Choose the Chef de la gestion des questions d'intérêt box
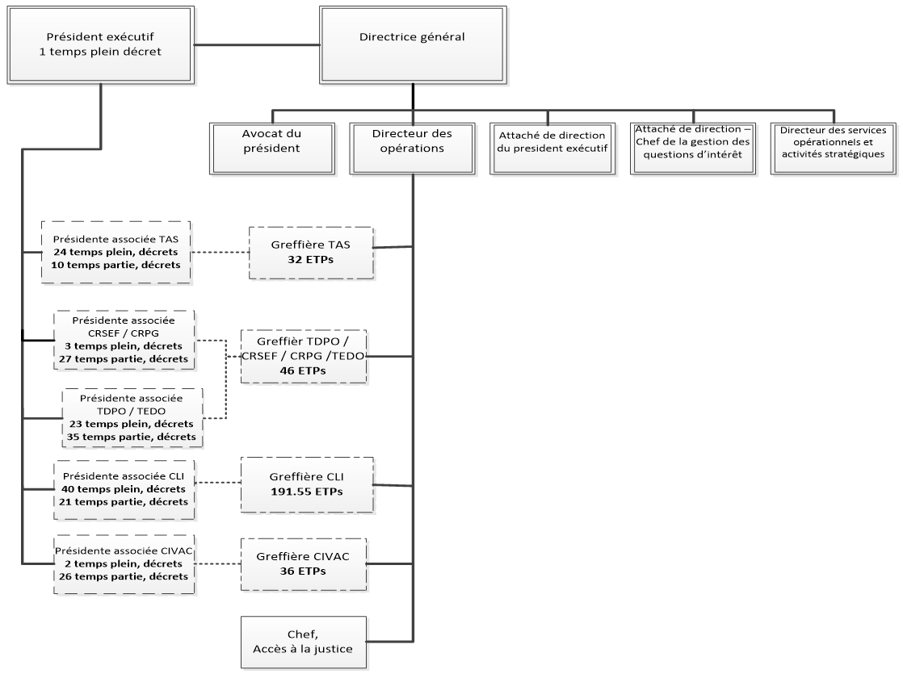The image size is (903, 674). (x=691, y=147)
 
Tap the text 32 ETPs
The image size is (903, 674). (x=311, y=260)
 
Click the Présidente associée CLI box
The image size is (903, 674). (x=123, y=484)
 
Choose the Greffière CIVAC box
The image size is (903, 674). (x=304, y=563)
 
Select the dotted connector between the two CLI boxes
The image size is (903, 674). (x=217, y=484)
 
